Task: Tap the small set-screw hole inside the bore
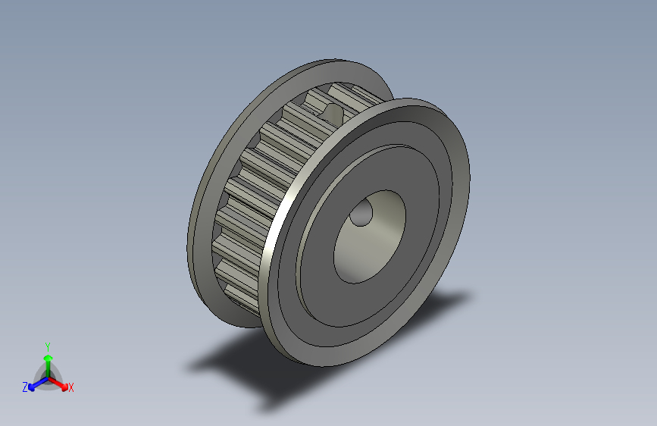pos(361,215)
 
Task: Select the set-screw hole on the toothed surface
pos(333,113)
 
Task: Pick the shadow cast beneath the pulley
pos(318,364)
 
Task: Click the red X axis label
pos(71,387)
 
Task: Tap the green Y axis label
pos(48,345)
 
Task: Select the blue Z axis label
pos(25,387)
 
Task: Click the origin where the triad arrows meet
pos(48,377)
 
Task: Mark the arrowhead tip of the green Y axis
pos(48,352)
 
